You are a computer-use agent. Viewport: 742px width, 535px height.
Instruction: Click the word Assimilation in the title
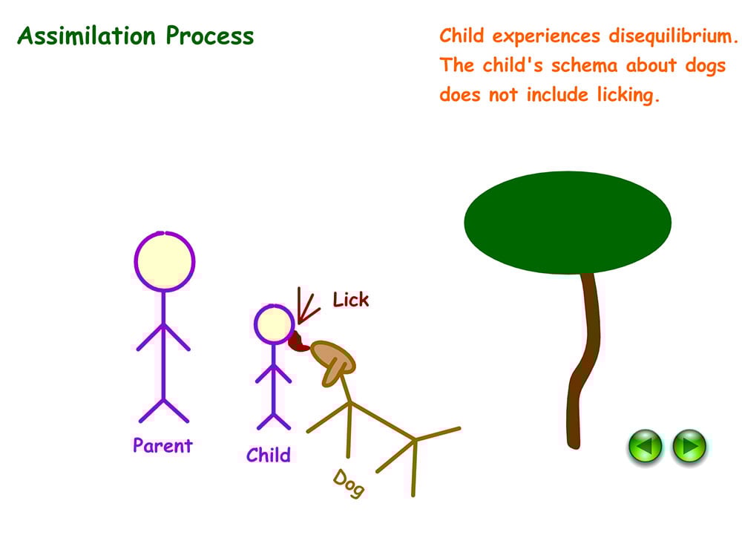pyautogui.click(x=88, y=36)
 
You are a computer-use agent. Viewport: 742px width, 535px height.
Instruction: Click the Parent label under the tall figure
pyautogui.click(x=162, y=445)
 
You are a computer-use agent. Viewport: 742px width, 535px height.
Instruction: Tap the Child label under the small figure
pyautogui.click(x=269, y=454)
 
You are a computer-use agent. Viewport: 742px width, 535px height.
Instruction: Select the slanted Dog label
pyautogui.click(x=348, y=483)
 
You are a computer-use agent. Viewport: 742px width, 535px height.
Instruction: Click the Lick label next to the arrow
pyautogui.click(x=350, y=300)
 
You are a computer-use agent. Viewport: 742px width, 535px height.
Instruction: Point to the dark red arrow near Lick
pyautogui.click(x=303, y=306)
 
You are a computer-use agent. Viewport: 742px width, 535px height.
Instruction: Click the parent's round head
pyautogui.click(x=165, y=261)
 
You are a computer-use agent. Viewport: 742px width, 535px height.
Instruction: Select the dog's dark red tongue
pyautogui.click(x=298, y=344)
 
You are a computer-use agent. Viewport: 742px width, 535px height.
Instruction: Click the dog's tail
pyautogui.click(x=438, y=433)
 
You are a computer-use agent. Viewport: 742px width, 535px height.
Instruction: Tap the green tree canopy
pyautogui.click(x=568, y=220)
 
